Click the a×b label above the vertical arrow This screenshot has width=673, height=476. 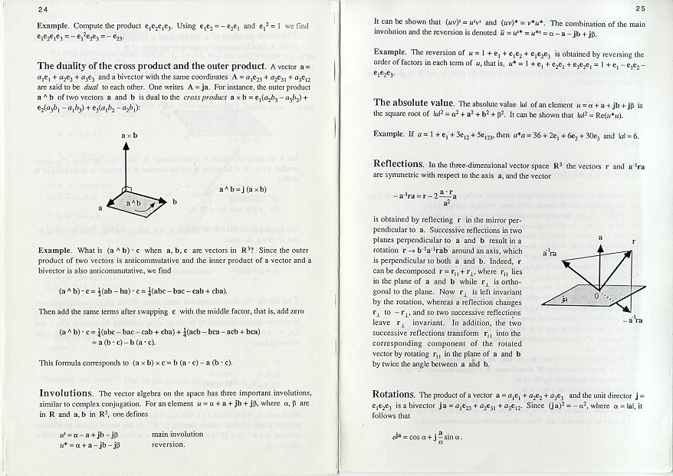click(x=130, y=136)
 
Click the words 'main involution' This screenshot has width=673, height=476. click(x=179, y=435)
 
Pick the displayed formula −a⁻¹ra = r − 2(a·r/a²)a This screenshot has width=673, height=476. click(x=440, y=197)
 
